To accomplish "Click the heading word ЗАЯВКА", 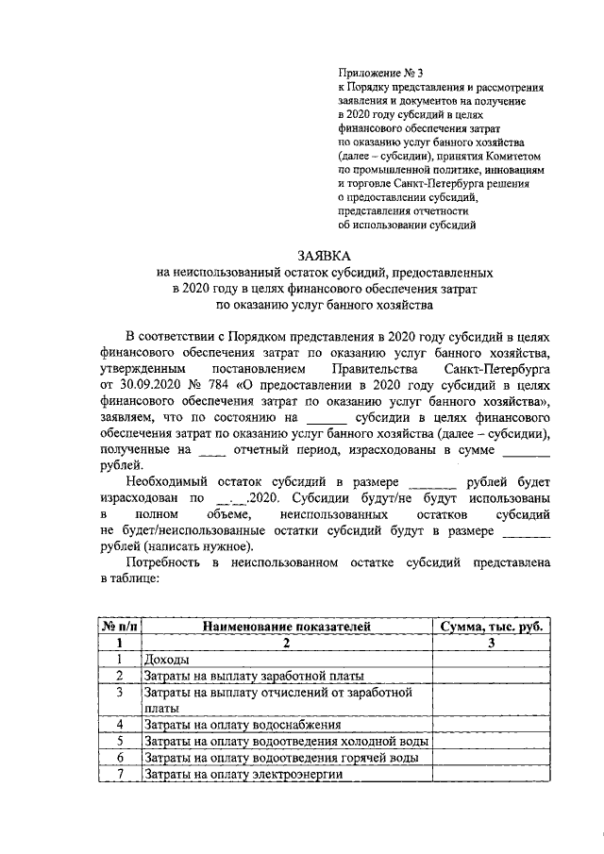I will (x=324, y=255).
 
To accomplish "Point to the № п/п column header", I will (x=120, y=626).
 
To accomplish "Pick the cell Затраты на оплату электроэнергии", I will (x=241, y=775).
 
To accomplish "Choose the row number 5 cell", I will (x=120, y=742).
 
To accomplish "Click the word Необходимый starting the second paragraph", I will (x=168, y=480).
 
